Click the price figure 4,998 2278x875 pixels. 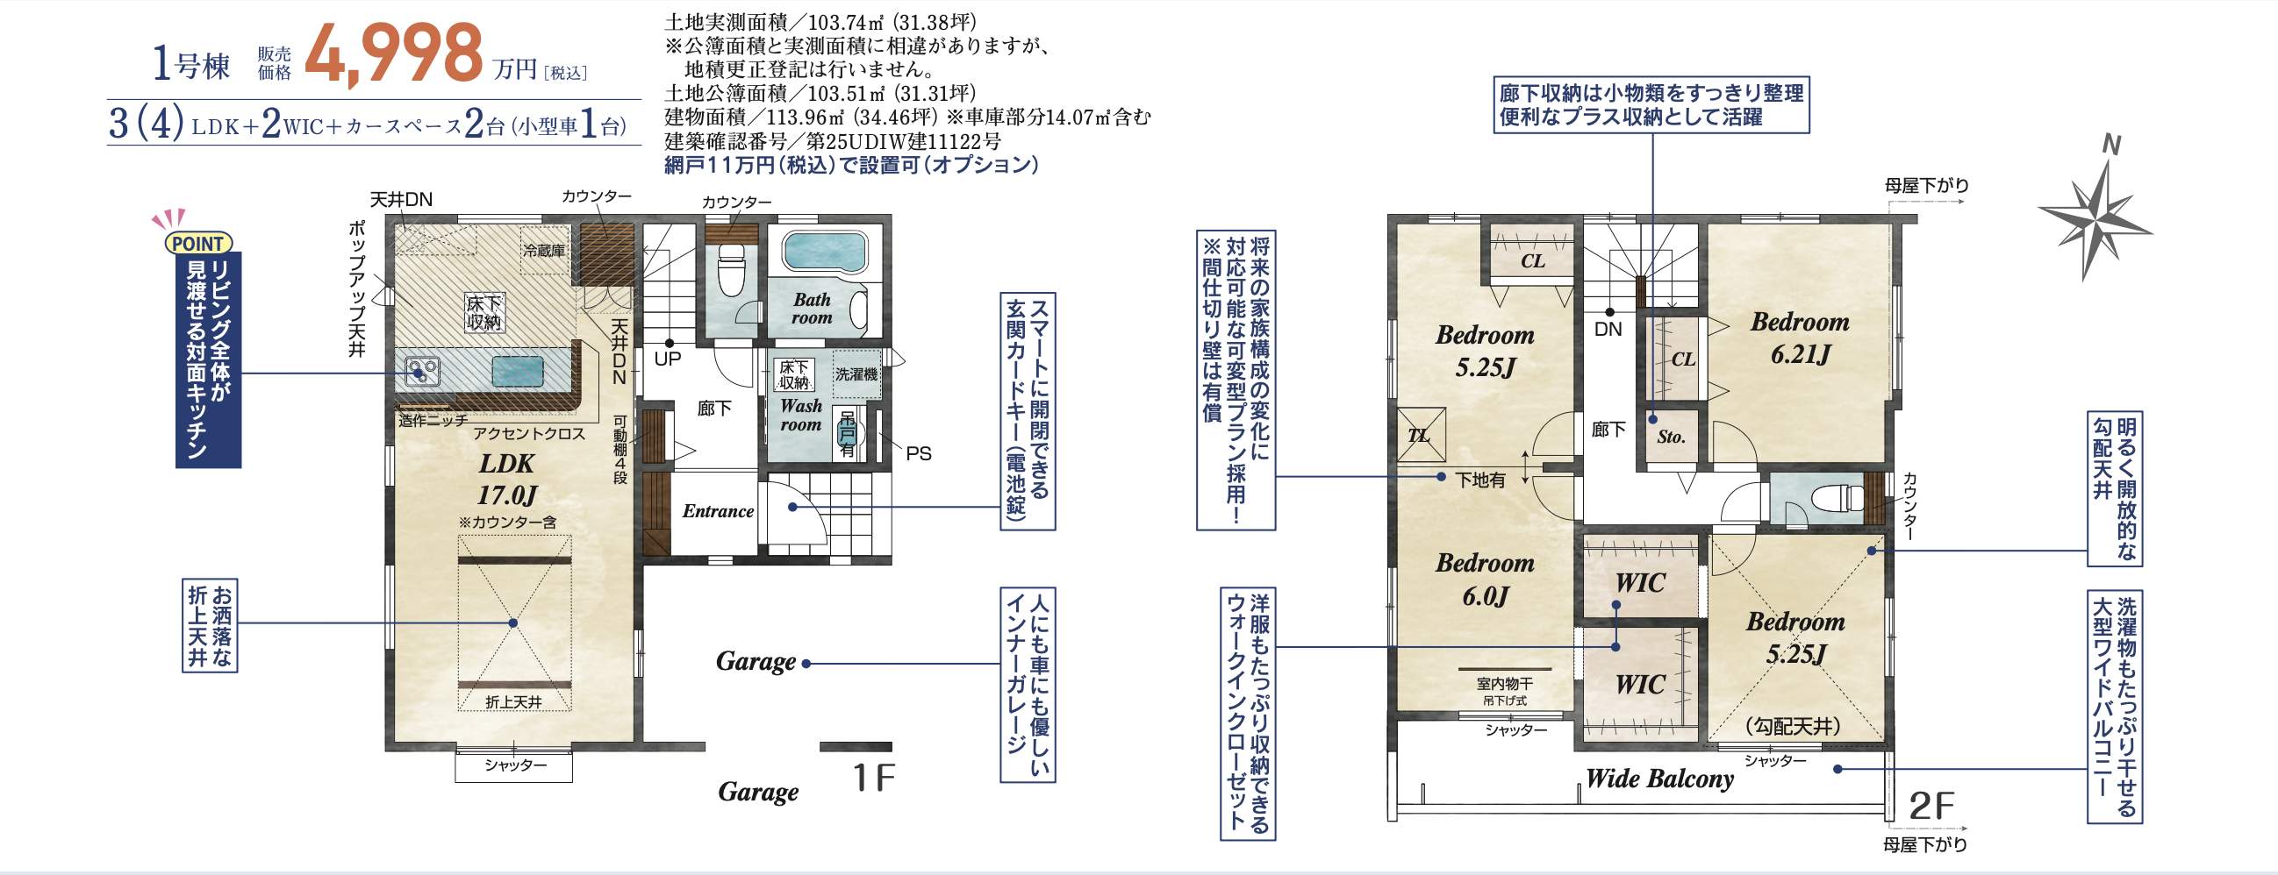pyautogui.click(x=392, y=55)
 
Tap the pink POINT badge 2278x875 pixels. pyautogui.click(x=198, y=243)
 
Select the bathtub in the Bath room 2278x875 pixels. pyautogui.click(x=822, y=251)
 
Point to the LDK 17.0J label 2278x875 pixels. pyautogui.click(x=507, y=478)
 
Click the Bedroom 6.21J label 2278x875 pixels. pyautogui.click(x=1800, y=338)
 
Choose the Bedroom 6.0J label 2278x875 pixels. pyautogui.click(x=1485, y=579)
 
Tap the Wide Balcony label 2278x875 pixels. pyautogui.click(x=1659, y=779)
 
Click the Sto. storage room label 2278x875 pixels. pyautogui.click(x=1672, y=437)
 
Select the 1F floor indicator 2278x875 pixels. pyautogui.click(x=873, y=778)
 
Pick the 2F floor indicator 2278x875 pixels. pyautogui.click(x=1931, y=806)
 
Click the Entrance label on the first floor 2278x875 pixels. pyautogui.click(x=718, y=511)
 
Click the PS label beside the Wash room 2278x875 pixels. pyautogui.click(x=918, y=453)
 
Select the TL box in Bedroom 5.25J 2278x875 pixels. pyautogui.click(x=1421, y=435)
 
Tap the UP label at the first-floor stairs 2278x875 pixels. pyautogui.click(x=668, y=359)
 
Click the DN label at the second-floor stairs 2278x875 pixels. pyautogui.click(x=1608, y=329)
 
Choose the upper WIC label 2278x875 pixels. pyautogui.click(x=1639, y=582)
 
